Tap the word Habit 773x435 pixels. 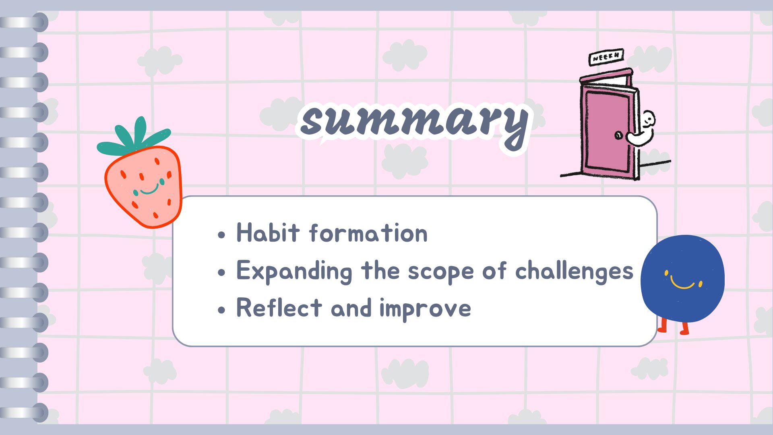[x=268, y=233]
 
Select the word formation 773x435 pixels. [x=368, y=233]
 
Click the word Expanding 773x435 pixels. [x=294, y=271]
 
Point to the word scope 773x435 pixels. [x=441, y=272]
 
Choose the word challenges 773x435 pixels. [x=574, y=271]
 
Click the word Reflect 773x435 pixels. [x=279, y=308]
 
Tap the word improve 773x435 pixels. [x=425, y=309]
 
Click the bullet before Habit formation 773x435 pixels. [x=221, y=235]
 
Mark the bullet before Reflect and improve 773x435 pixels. [x=221, y=310]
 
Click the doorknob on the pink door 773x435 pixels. [x=618, y=135]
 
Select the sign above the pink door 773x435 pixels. [x=606, y=58]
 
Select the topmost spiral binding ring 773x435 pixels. [x=24, y=23]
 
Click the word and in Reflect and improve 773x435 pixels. [x=351, y=309]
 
